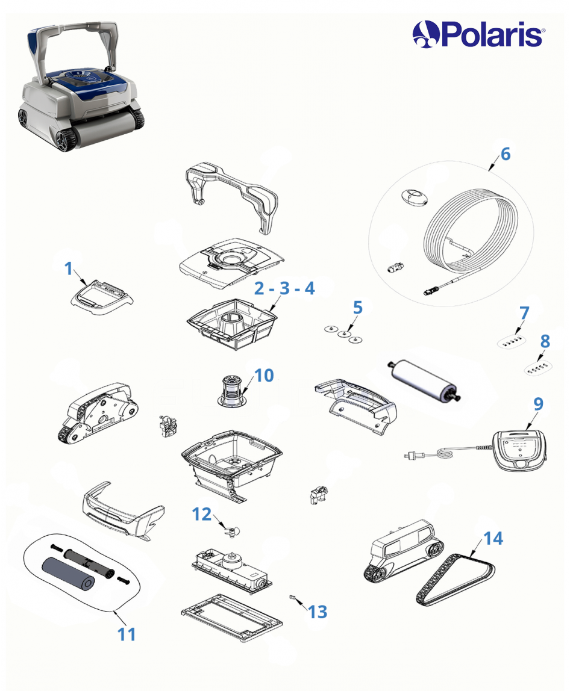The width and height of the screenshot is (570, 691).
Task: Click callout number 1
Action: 68,268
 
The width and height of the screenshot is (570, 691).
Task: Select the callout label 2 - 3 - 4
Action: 284,288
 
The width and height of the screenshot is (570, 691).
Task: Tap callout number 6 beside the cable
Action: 506,154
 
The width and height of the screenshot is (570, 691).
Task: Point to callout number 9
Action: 538,404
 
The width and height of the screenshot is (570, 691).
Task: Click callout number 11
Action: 126,634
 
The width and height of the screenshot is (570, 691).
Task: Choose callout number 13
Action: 318,612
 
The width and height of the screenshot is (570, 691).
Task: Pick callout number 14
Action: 493,538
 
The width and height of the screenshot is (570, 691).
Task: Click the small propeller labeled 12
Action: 231,532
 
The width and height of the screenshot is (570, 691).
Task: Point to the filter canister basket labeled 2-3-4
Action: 233,324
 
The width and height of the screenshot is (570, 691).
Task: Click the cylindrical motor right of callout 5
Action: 424,380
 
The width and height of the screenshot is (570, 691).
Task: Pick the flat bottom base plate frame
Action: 231,617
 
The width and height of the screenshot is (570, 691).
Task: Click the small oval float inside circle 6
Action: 414,197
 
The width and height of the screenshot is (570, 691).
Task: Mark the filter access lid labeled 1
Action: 102,297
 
